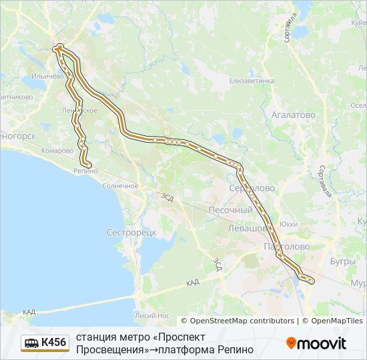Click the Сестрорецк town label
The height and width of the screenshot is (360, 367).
tap(131, 233)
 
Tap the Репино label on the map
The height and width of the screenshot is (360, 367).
tap(86, 171)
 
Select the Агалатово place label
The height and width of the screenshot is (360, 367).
tap(293, 115)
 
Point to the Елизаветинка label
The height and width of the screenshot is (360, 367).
tap(252, 81)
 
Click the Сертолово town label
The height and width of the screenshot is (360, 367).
tap(252, 188)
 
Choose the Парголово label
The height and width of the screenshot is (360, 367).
tap(287, 247)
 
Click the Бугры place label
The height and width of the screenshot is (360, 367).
tap(342, 261)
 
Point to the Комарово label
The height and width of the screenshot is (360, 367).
tap(57, 151)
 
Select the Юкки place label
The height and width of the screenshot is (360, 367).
tap(289, 224)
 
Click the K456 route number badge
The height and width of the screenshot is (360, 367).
tap(53, 343)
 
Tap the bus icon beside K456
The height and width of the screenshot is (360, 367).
tap(31, 343)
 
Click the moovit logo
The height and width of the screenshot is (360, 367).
tap(316, 343)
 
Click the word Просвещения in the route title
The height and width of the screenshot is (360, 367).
tap(107, 349)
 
